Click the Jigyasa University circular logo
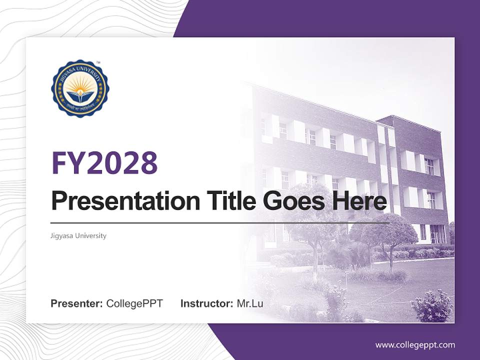coord(80,88)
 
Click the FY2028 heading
coord(104,162)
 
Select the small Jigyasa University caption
coord(78,235)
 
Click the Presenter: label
coord(77,303)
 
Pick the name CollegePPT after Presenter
coord(134,303)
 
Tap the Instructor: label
coord(206,303)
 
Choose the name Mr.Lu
coord(249,303)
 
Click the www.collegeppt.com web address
coord(415,344)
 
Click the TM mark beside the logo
coord(98,63)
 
